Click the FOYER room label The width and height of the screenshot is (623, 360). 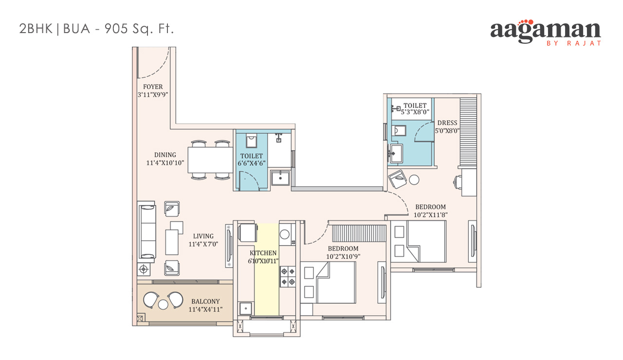click(153, 87)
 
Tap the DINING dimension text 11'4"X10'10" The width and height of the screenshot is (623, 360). click(165, 163)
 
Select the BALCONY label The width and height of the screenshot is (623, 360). click(205, 301)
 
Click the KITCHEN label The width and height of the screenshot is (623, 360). click(263, 253)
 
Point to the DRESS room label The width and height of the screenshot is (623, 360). click(447, 123)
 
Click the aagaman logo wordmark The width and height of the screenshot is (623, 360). click(546, 31)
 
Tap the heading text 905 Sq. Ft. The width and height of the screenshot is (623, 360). click(139, 29)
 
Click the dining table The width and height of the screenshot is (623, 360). click(210, 160)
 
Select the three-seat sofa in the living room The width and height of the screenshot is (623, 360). click(147, 232)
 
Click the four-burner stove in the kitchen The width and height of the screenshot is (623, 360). click(288, 276)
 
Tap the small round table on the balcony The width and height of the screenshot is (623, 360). click(163, 305)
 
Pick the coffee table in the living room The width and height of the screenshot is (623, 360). click(172, 242)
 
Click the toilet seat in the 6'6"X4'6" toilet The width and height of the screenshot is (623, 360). click(251, 141)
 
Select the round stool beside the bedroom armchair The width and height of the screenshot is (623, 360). click(414, 180)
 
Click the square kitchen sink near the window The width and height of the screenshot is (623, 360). click(246, 308)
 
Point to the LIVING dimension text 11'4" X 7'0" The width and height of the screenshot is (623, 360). click(203, 244)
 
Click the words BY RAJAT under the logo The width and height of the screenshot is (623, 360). click(574, 43)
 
